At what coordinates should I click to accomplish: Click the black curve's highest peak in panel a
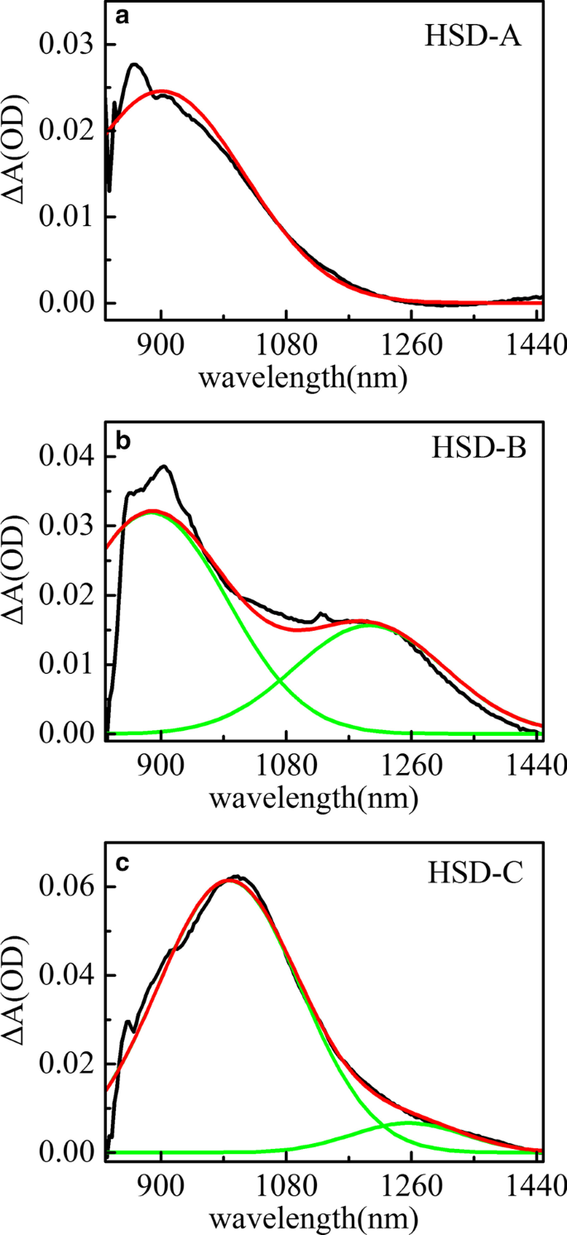pyautogui.click(x=134, y=65)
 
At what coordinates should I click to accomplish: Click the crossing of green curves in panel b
pyautogui.click(x=281, y=680)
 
